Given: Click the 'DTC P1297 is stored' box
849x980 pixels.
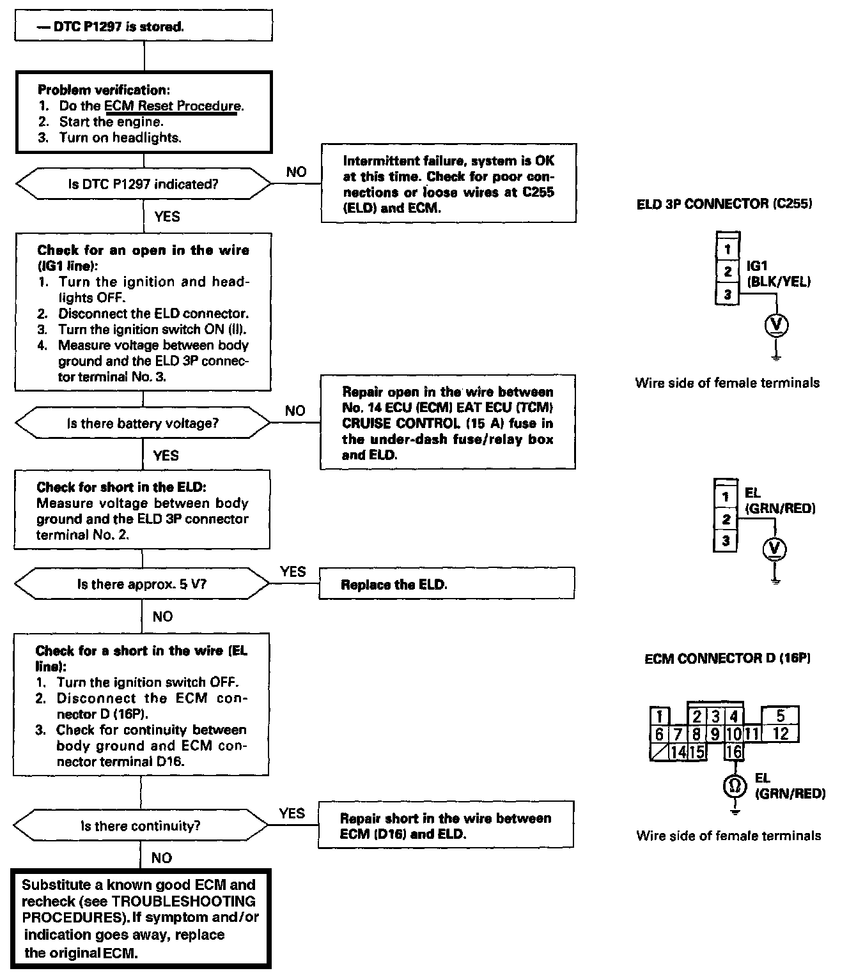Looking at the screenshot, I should coord(144,27).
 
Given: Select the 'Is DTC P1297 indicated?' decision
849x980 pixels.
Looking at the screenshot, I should coord(143,184).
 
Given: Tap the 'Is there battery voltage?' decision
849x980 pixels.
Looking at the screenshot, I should coord(143,423).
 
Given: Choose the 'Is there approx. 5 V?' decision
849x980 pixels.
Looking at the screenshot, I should coord(142,585).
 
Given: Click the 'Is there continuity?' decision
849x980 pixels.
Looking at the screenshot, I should coord(141,826).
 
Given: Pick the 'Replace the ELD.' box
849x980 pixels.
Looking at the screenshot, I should coord(446,584).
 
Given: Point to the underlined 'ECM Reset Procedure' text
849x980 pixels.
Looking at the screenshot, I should coord(173,106).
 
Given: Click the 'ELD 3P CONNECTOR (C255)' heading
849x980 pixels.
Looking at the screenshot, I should coord(724,204).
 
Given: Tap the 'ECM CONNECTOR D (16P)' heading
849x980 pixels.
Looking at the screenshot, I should coord(728,659).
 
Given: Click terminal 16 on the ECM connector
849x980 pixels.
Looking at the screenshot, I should coord(734,752).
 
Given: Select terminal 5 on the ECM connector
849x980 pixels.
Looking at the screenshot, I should coord(780,715).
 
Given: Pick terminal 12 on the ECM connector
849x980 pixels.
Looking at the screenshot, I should coord(780,733).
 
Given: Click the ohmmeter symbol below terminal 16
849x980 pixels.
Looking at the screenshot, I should coord(734,786).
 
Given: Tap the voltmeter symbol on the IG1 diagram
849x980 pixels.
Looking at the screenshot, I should coord(776,325).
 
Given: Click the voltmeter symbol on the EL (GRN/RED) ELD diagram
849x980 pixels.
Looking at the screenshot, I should coord(775,549).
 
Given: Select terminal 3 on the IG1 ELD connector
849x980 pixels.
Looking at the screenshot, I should coord(728,295).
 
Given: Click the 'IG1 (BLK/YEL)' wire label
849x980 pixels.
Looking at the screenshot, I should coord(778,273).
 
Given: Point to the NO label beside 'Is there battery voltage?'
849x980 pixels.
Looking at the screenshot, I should coord(295,411).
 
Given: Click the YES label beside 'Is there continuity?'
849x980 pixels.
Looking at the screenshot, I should coord(292,813).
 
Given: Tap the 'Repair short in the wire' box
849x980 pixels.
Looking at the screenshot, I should coord(446,825).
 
